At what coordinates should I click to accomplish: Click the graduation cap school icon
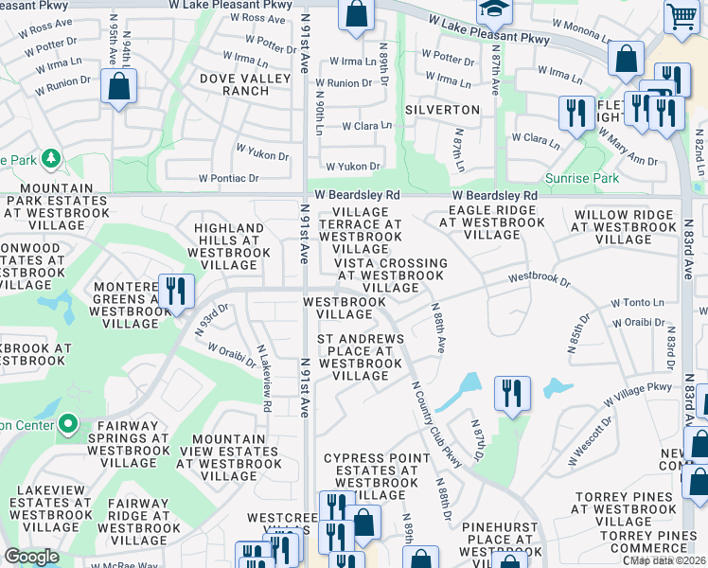493,11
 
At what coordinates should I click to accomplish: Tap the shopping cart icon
681,16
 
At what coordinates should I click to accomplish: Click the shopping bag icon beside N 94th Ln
118,88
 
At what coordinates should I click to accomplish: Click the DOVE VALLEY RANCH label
233,84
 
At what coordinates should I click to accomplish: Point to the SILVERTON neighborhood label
442,110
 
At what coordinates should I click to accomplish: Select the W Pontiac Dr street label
228,178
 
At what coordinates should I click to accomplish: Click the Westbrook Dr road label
539,280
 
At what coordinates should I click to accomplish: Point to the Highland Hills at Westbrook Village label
228,247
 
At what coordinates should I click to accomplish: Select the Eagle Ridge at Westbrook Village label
493,223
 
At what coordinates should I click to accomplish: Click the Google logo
31,556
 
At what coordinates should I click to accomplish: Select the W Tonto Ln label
639,302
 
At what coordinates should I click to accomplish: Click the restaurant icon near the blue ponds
512,393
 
